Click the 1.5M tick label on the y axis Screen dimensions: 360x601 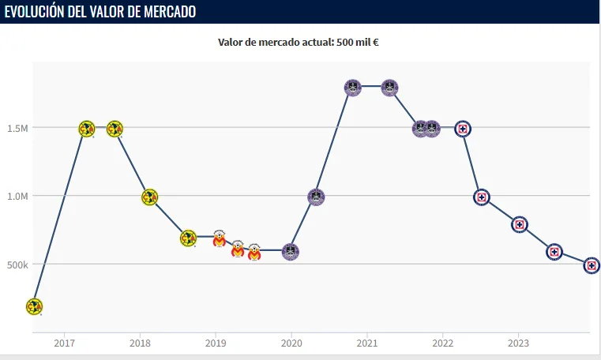pyautogui.click(x=17, y=128)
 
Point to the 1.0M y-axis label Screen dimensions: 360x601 pyautogui.click(x=17, y=196)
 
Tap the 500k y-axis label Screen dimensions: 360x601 pyautogui.click(x=17, y=264)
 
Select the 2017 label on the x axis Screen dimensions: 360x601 pyautogui.click(x=65, y=343)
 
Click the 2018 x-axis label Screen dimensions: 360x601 pyautogui.click(x=140, y=343)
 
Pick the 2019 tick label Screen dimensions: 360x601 pyautogui.click(x=216, y=343)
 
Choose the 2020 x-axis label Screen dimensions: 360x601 pyautogui.click(x=291, y=343)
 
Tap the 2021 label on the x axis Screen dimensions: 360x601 pyautogui.click(x=366, y=343)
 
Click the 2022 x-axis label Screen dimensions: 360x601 pyautogui.click(x=442, y=343)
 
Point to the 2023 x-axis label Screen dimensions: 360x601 pyautogui.click(x=518, y=343)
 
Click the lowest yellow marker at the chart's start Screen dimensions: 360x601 pyautogui.click(x=33, y=306)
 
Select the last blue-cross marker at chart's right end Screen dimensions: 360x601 pyautogui.click(x=592, y=266)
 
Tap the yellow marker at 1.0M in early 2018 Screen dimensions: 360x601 pyautogui.click(x=149, y=197)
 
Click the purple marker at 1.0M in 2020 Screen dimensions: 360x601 pyautogui.click(x=316, y=197)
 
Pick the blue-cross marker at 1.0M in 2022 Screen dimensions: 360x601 pyautogui.click(x=482, y=197)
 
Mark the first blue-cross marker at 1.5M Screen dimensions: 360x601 pyautogui.click(x=464, y=128)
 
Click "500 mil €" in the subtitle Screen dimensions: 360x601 pyautogui.click(x=360, y=42)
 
